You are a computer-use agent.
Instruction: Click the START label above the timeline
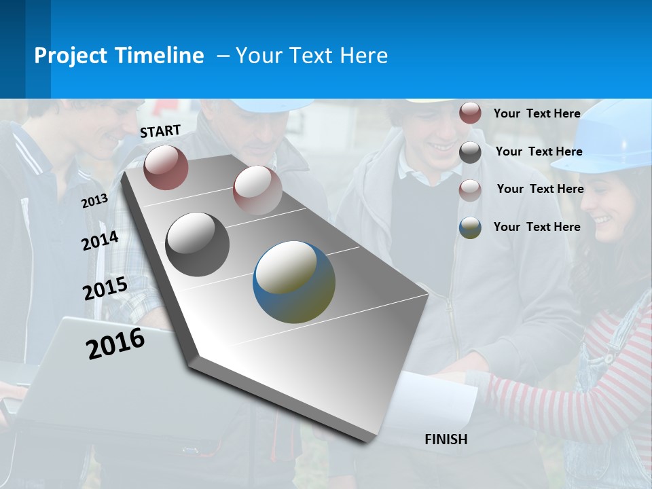(160, 130)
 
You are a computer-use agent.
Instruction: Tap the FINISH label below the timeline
(446, 439)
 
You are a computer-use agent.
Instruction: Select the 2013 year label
(94, 200)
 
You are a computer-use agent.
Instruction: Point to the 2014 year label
(100, 240)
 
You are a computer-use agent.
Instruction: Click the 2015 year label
(105, 289)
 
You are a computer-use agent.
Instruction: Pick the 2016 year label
(115, 343)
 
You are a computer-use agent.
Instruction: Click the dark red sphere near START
(166, 167)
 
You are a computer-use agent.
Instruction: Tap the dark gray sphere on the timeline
(197, 244)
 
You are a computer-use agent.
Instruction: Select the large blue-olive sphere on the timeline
(294, 282)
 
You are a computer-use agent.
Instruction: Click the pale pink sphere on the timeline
(257, 189)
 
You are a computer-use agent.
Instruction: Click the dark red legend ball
(470, 113)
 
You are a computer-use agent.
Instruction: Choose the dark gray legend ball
(470, 152)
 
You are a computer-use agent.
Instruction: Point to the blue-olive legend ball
(470, 228)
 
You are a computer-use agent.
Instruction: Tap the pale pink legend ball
(470, 190)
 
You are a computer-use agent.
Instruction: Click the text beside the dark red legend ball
(537, 113)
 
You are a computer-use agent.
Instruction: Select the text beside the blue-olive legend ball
(537, 227)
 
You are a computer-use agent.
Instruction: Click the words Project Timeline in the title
(119, 56)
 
